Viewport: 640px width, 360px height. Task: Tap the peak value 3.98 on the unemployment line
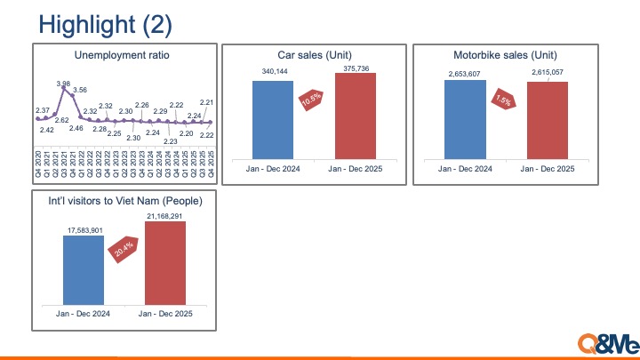[x=63, y=84]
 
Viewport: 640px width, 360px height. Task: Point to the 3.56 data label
[x=79, y=90]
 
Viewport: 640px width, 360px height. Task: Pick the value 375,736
[x=356, y=66]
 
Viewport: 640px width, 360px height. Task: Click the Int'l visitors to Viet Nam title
[x=124, y=203]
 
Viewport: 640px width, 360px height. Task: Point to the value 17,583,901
[x=83, y=230]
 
